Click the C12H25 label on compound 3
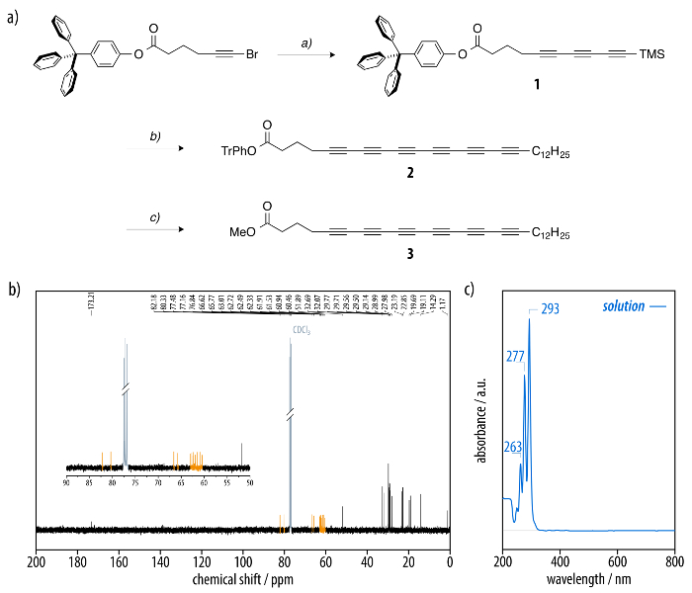(551, 233)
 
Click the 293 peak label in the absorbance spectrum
(551, 309)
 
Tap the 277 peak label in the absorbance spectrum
(516, 356)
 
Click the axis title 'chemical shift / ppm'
(241, 577)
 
